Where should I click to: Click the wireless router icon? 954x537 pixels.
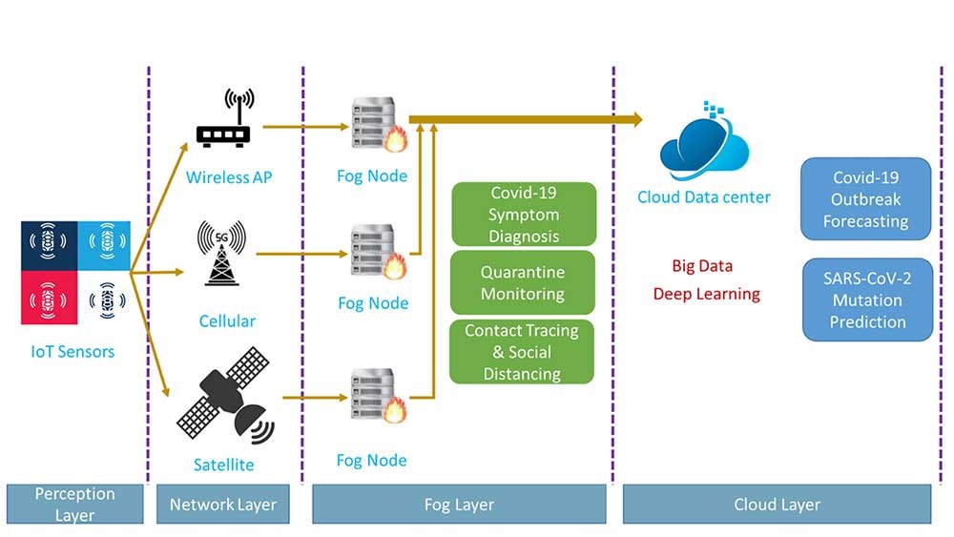coord(223,123)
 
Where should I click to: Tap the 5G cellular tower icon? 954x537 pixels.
coord(221,254)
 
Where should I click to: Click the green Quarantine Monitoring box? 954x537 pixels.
coord(522,283)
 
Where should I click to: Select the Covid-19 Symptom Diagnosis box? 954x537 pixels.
coord(523,215)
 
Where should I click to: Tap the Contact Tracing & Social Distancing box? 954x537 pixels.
coord(522,352)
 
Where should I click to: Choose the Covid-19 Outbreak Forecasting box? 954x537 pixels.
coord(866,198)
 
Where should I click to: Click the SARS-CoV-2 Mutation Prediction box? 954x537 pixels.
coord(866,299)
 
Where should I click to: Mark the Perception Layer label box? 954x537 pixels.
coord(74,504)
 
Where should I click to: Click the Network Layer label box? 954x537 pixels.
coord(222,504)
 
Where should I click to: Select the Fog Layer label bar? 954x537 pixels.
coord(460,504)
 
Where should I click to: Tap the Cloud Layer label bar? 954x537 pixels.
coord(778,504)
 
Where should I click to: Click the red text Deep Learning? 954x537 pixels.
coord(706,294)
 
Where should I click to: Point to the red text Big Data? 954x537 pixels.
coord(702,266)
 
